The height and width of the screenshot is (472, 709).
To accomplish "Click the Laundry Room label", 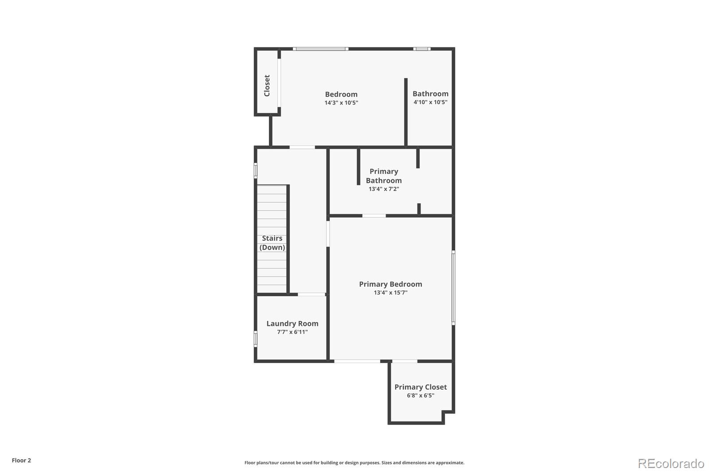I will click(292, 324).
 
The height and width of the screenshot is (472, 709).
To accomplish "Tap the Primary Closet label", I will click(421, 387).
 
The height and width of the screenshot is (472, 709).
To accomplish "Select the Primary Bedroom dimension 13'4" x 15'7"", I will click(390, 293).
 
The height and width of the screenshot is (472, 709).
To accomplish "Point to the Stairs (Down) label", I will click(272, 243).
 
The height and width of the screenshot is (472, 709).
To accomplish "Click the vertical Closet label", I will click(267, 85).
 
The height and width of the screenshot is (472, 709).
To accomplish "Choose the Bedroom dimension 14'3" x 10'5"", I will click(341, 103).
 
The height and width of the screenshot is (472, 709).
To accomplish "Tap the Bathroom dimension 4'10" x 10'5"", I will click(430, 102).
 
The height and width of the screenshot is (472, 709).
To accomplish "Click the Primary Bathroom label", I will click(384, 176).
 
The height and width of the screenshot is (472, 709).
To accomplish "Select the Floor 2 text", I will click(21, 460).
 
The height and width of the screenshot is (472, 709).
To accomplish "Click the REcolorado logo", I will click(671, 464).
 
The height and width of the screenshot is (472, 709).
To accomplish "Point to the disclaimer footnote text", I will click(354, 463).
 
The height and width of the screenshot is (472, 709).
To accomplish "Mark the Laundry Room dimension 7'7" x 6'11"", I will click(292, 332).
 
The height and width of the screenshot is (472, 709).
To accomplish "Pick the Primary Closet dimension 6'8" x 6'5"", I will click(421, 395).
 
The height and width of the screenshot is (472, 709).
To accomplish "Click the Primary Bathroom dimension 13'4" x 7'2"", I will click(384, 189).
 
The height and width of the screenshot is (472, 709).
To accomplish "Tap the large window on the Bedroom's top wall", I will click(320, 49).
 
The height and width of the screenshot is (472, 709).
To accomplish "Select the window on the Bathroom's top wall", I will click(422, 49).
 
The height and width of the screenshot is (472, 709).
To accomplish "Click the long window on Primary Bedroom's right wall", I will click(453, 288).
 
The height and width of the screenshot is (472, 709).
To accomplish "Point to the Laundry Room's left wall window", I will click(256, 339).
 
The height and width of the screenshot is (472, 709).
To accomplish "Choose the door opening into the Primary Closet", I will click(405, 361).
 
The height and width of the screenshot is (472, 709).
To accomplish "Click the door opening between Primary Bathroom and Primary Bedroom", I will click(374, 216).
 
